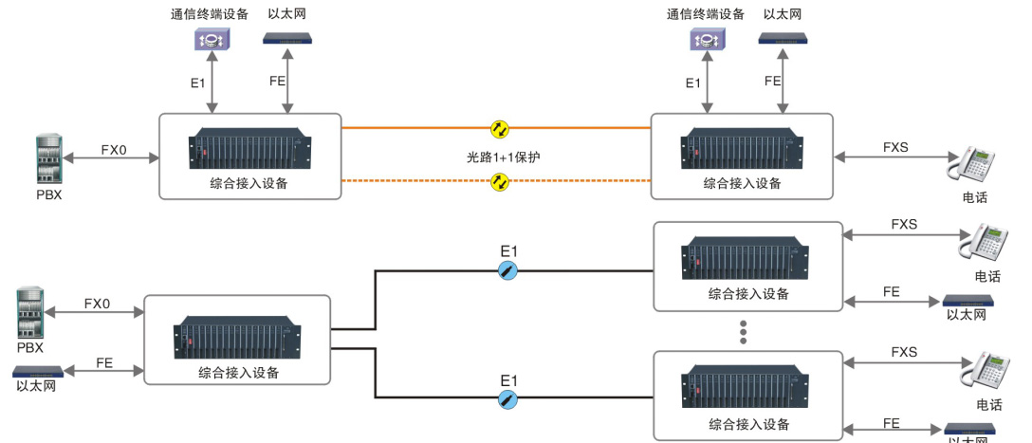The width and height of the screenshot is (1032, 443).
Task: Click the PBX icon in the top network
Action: [x=47, y=154]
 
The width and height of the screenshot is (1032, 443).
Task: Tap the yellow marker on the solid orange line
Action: [x=499, y=127]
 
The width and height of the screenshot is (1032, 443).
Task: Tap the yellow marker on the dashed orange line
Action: [x=499, y=180]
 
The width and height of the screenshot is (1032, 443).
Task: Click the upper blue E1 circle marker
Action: [x=509, y=270]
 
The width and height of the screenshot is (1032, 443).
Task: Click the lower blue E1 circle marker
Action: [x=509, y=397]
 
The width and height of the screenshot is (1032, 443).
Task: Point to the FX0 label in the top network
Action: [x=113, y=150]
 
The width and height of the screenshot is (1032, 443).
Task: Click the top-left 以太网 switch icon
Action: [x=288, y=40]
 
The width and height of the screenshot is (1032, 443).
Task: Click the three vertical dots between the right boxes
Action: [x=744, y=332]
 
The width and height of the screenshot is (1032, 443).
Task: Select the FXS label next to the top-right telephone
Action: [x=895, y=148]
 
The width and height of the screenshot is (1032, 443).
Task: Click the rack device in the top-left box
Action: [x=249, y=149]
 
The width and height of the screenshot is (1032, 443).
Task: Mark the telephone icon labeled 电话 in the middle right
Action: [x=983, y=244]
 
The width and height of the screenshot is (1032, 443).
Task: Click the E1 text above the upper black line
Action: [x=509, y=250]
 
